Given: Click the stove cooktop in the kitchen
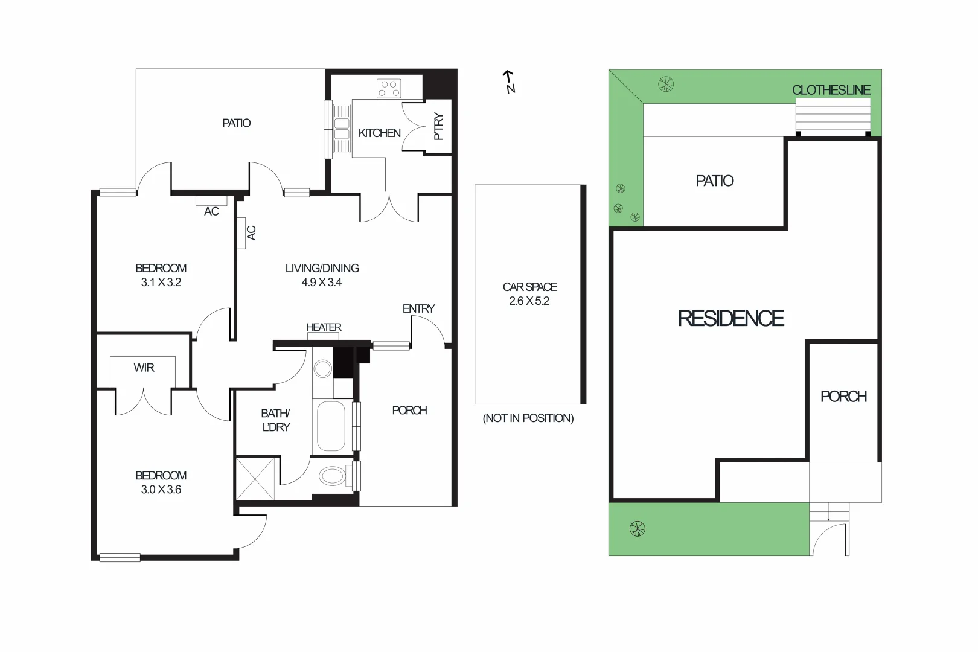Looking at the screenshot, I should click(389, 89).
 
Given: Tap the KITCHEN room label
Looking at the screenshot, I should click(379, 133).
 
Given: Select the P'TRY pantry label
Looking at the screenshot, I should click(439, 127).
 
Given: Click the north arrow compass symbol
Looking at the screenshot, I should click(510, 82).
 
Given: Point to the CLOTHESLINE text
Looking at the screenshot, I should click(831, 90).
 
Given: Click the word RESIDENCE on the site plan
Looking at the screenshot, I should click(730, 318).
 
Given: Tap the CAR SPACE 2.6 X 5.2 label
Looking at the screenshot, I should click(529, 294).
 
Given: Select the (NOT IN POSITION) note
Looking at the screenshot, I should click(528, 418).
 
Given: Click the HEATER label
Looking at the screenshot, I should click(324, 327).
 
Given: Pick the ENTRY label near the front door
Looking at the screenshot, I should click(418, 308).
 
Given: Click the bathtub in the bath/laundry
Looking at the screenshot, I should click(331, 426).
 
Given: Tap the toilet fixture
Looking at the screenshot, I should click(333, 476).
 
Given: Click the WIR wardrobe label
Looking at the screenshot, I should click(144, 368).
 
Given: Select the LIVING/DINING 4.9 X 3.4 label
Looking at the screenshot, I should click(322, 275).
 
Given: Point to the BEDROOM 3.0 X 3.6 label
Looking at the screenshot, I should click(161, 482).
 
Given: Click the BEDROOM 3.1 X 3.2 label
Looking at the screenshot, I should click(161, 275).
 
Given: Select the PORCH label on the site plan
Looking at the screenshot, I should click(843, 396).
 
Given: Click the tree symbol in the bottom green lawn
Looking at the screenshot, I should click(637, 529).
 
